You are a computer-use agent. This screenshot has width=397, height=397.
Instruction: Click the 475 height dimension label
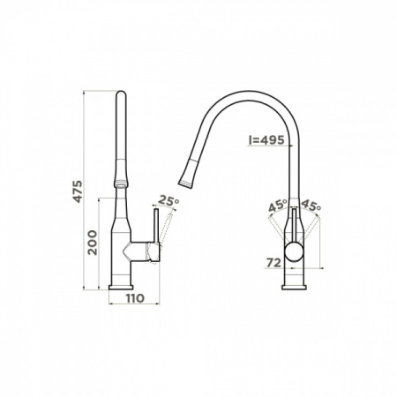point(78,191)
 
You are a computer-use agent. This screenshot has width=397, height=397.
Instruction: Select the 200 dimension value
point(93,243)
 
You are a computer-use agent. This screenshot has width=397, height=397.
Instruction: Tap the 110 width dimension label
point(135,298)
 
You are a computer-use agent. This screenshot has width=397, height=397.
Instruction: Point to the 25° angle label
point(169,200)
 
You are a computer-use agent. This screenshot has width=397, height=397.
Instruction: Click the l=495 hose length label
point(266,140)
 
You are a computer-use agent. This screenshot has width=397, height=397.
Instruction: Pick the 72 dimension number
point(274,263)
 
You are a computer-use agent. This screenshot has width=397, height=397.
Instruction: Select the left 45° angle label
point(278,206)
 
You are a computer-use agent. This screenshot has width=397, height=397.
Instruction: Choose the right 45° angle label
point(311,205)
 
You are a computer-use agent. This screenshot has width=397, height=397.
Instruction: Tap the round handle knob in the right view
point(294,252)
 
